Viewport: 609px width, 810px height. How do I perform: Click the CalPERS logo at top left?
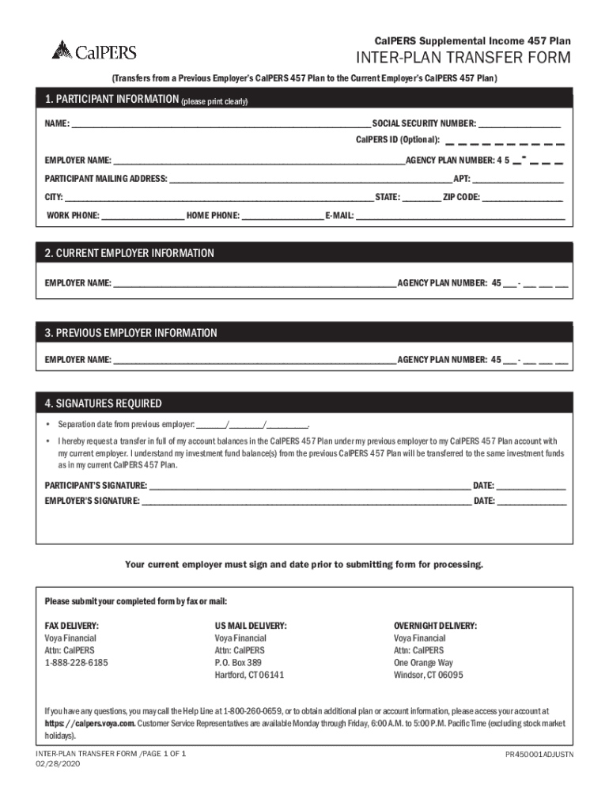(x=94, y=51)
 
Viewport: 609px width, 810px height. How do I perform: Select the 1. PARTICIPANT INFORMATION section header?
(x=111, y=100)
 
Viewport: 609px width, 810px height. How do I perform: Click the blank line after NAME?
(x=221, y=125)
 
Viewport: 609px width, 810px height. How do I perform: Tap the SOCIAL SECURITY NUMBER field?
(x=519, y=125)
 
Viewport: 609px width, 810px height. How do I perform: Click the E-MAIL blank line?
(x=460, y=216)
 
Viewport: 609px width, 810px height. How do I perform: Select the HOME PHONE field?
(x=282, y=216)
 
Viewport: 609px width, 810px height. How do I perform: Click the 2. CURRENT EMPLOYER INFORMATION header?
(x=129, y=253)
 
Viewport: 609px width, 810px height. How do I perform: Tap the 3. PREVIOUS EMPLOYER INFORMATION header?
(x=130, y=333)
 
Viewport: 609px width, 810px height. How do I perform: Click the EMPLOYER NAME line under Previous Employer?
(x=254, y=361)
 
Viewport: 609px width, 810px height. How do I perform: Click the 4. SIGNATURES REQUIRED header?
(x=104, y=403)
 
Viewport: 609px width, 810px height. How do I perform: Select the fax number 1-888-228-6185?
(x=76, y=663)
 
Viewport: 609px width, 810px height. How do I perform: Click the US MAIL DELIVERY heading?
(x=251, y=626)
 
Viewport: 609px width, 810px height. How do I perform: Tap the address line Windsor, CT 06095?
(x=428, y=676)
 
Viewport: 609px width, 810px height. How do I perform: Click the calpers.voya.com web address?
(x=90, y=724)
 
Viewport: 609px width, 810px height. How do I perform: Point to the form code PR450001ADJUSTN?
(x=539, y=755)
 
